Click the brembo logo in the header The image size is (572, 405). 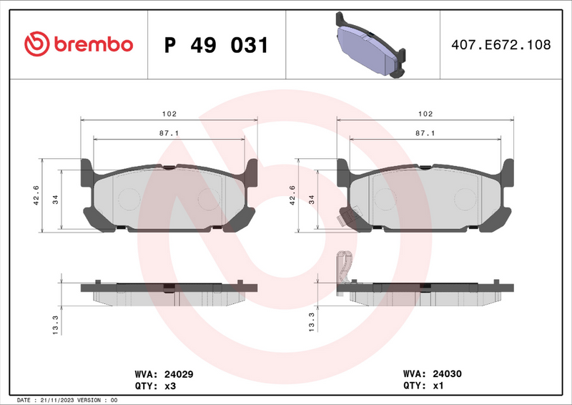[79, 44]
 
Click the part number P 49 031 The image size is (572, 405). [217, 45]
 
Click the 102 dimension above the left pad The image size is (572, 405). [169, 114]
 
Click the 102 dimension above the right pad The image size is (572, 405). [425, 114]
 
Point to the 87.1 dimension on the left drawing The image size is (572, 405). [169, 134]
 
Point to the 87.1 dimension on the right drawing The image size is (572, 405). [425, 134]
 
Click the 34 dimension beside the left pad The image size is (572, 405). [55, 200]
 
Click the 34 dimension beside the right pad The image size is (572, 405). [311, 200]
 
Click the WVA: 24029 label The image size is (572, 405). [164, 374]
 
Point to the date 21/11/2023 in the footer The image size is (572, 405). [56, 400]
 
